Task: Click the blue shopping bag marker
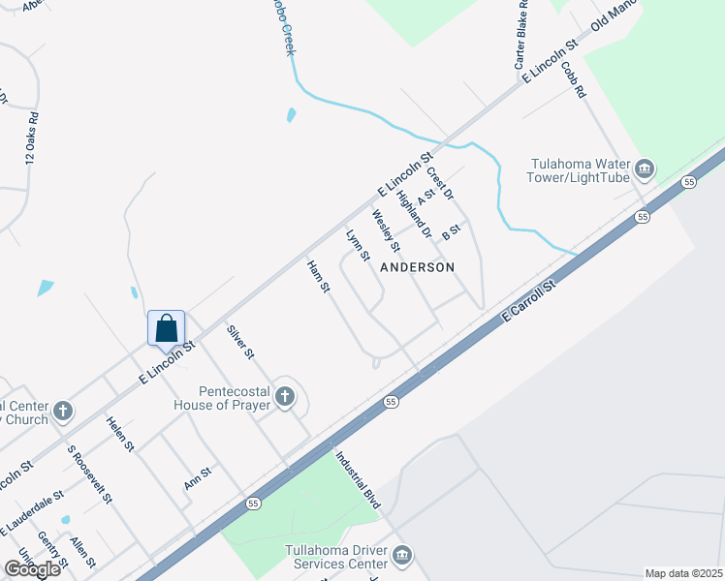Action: tap(167, 327)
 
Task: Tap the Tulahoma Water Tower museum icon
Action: tap(645, 171)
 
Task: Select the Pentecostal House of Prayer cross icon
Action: tap(285, 395)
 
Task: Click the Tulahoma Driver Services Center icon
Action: tap(402, 555)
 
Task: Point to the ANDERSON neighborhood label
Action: tap(417, 266)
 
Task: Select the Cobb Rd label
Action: tap(575, 80)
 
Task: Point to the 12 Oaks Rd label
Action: tap(30, 139)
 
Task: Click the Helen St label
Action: tap(120, 432)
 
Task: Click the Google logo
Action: tap(31, 568)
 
